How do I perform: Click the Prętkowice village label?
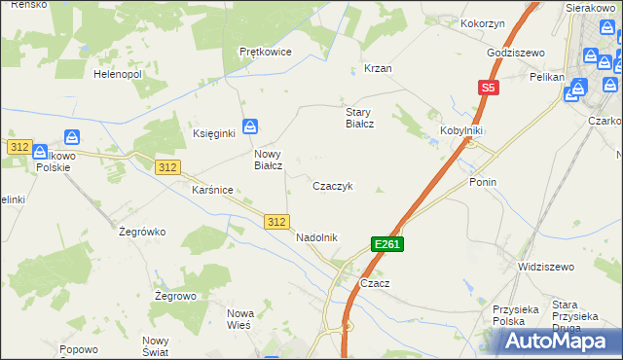point(265,52)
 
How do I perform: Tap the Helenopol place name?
point(117,74)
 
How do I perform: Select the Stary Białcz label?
point(360,118)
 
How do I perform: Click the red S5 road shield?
point(488,88)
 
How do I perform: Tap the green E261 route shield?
point(386,244)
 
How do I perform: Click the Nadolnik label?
point(315,236)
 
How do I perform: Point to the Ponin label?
point(483,182)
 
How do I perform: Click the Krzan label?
point(378,69)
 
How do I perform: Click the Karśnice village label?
point(211,190)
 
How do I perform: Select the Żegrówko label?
point(143,232)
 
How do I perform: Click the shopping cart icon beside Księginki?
point(251,126)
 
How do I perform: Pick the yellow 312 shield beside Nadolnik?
point(276,223)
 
